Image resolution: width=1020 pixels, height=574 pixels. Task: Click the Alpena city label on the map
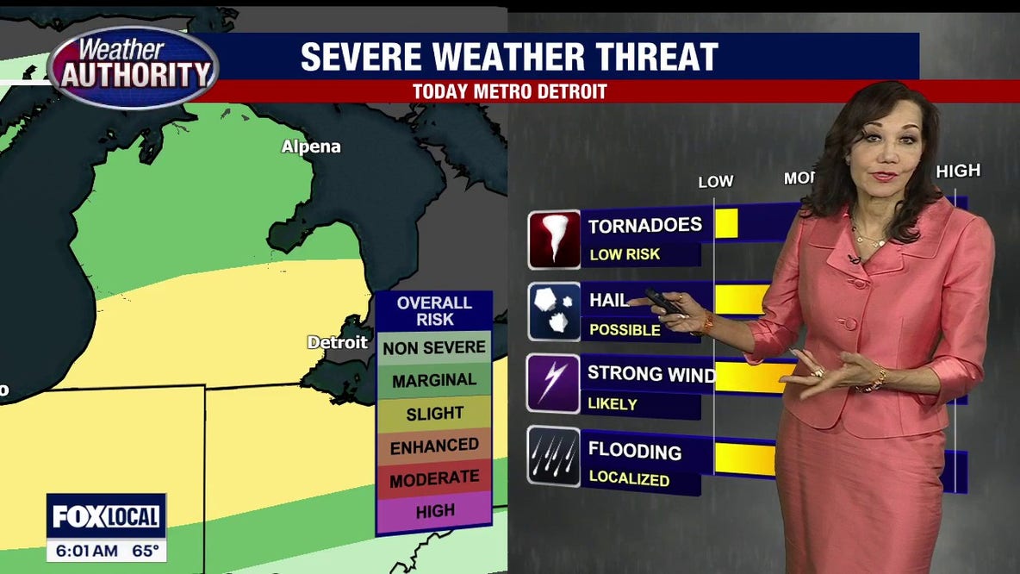coord(311,147)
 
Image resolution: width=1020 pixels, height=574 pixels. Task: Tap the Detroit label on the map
coord(338,342)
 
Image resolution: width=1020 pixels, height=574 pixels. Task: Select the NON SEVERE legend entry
coord(434,348)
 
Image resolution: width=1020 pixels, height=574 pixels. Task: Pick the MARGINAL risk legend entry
coord(434,380)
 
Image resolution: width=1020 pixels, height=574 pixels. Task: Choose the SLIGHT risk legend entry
coord(434,413)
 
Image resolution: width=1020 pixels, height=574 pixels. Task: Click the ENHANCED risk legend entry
coord(434,446)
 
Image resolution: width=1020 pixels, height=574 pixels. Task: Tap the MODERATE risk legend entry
coord(434,478)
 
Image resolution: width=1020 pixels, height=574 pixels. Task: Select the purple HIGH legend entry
coord(434,511)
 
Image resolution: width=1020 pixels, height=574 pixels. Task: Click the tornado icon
coord(553,239)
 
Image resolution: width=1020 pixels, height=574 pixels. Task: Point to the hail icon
coord(553,310)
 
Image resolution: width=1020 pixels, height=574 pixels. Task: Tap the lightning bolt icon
coord(553,382)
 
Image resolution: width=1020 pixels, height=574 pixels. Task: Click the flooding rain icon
coord(553,456)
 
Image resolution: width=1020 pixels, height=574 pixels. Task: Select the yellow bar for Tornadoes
coord(726,223)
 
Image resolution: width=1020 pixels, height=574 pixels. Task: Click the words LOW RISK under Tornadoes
coord(625,255)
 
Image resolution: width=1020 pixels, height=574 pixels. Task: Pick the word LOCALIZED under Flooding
coord(629,478)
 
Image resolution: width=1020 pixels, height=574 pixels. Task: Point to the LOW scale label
coord(715,181)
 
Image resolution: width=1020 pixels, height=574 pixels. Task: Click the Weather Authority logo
coord(134,66)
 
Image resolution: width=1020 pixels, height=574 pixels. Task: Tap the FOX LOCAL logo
coord(106,516)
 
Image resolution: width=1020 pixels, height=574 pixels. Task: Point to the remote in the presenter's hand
coord(663,302)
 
